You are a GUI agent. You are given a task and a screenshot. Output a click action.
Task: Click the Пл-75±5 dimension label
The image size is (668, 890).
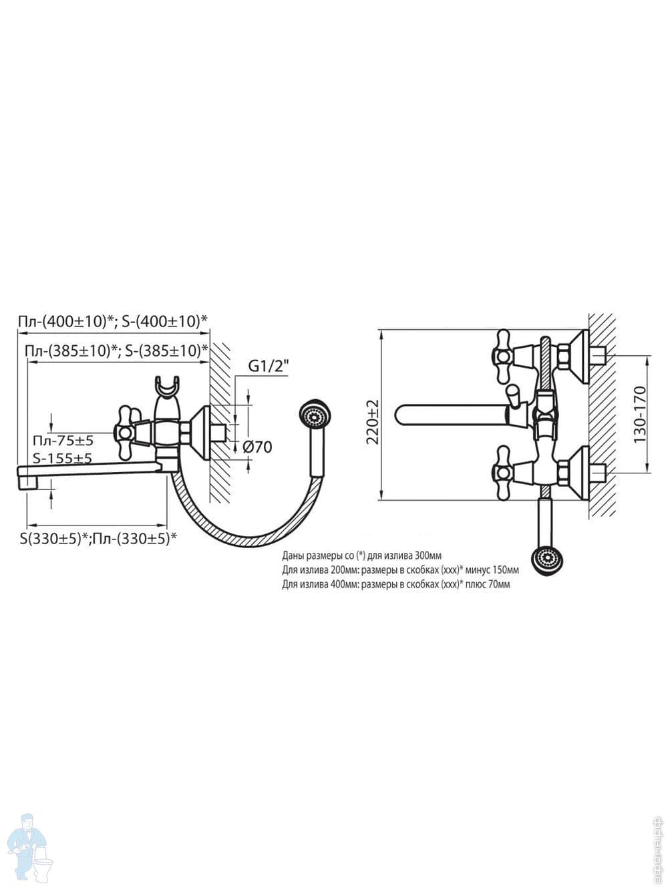click(63, 441)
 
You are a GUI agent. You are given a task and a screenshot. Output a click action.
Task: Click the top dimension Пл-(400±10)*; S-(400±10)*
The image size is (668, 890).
click(112, 321)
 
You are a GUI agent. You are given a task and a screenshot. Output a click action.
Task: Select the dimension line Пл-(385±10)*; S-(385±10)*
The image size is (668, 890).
click(116, 350)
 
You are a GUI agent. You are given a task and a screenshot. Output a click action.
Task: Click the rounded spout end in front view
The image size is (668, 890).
click(401, 414)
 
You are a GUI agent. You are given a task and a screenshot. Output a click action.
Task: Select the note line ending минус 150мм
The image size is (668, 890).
click(400, 570)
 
